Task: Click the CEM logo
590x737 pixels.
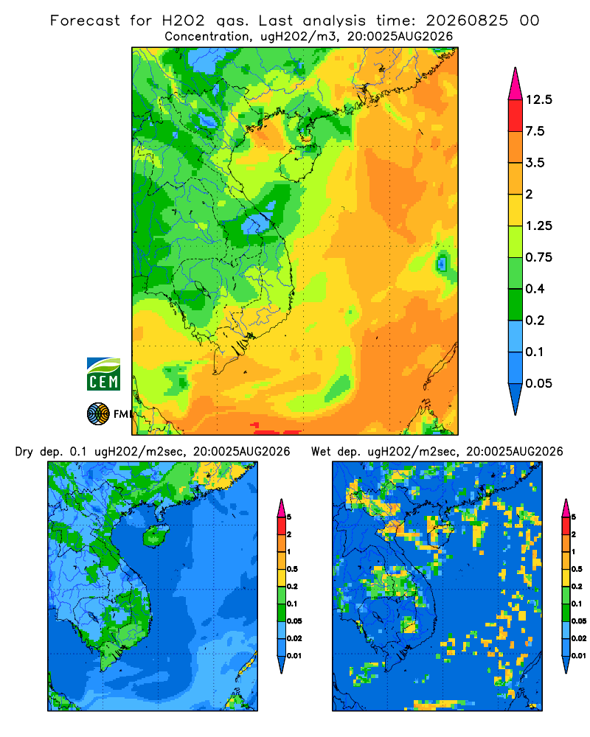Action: click(x=103, y=374)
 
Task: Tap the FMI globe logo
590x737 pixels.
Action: click(x=98, y=413)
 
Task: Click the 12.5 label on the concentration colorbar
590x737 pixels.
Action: click(x=539, y=99)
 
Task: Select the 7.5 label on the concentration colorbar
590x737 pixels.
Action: click(x=535, y=131)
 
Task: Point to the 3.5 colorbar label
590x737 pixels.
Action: click(x=535, y=163)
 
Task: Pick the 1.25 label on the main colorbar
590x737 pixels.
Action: click(x=539, y=226)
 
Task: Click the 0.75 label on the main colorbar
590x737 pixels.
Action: click(x=539, y=257)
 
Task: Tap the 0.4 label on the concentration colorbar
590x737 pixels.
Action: click(x=535, y=289)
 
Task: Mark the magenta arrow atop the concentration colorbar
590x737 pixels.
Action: click(x=516, y=85)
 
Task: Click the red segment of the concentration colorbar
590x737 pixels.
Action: click(x=516, y=116)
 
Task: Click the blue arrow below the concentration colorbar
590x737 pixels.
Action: click(x=516, y=398)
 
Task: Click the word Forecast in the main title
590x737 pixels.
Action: click(x=85, y=21)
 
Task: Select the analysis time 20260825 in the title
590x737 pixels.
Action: click(x=467, y=21)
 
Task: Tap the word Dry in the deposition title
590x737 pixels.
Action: click(x=24, y=452)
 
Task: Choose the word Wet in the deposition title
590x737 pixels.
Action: click(x=321, y=452)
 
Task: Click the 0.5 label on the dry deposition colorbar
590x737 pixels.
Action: click(x=292, y=569)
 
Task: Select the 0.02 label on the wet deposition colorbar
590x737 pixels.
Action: click(x=579, y=638)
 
